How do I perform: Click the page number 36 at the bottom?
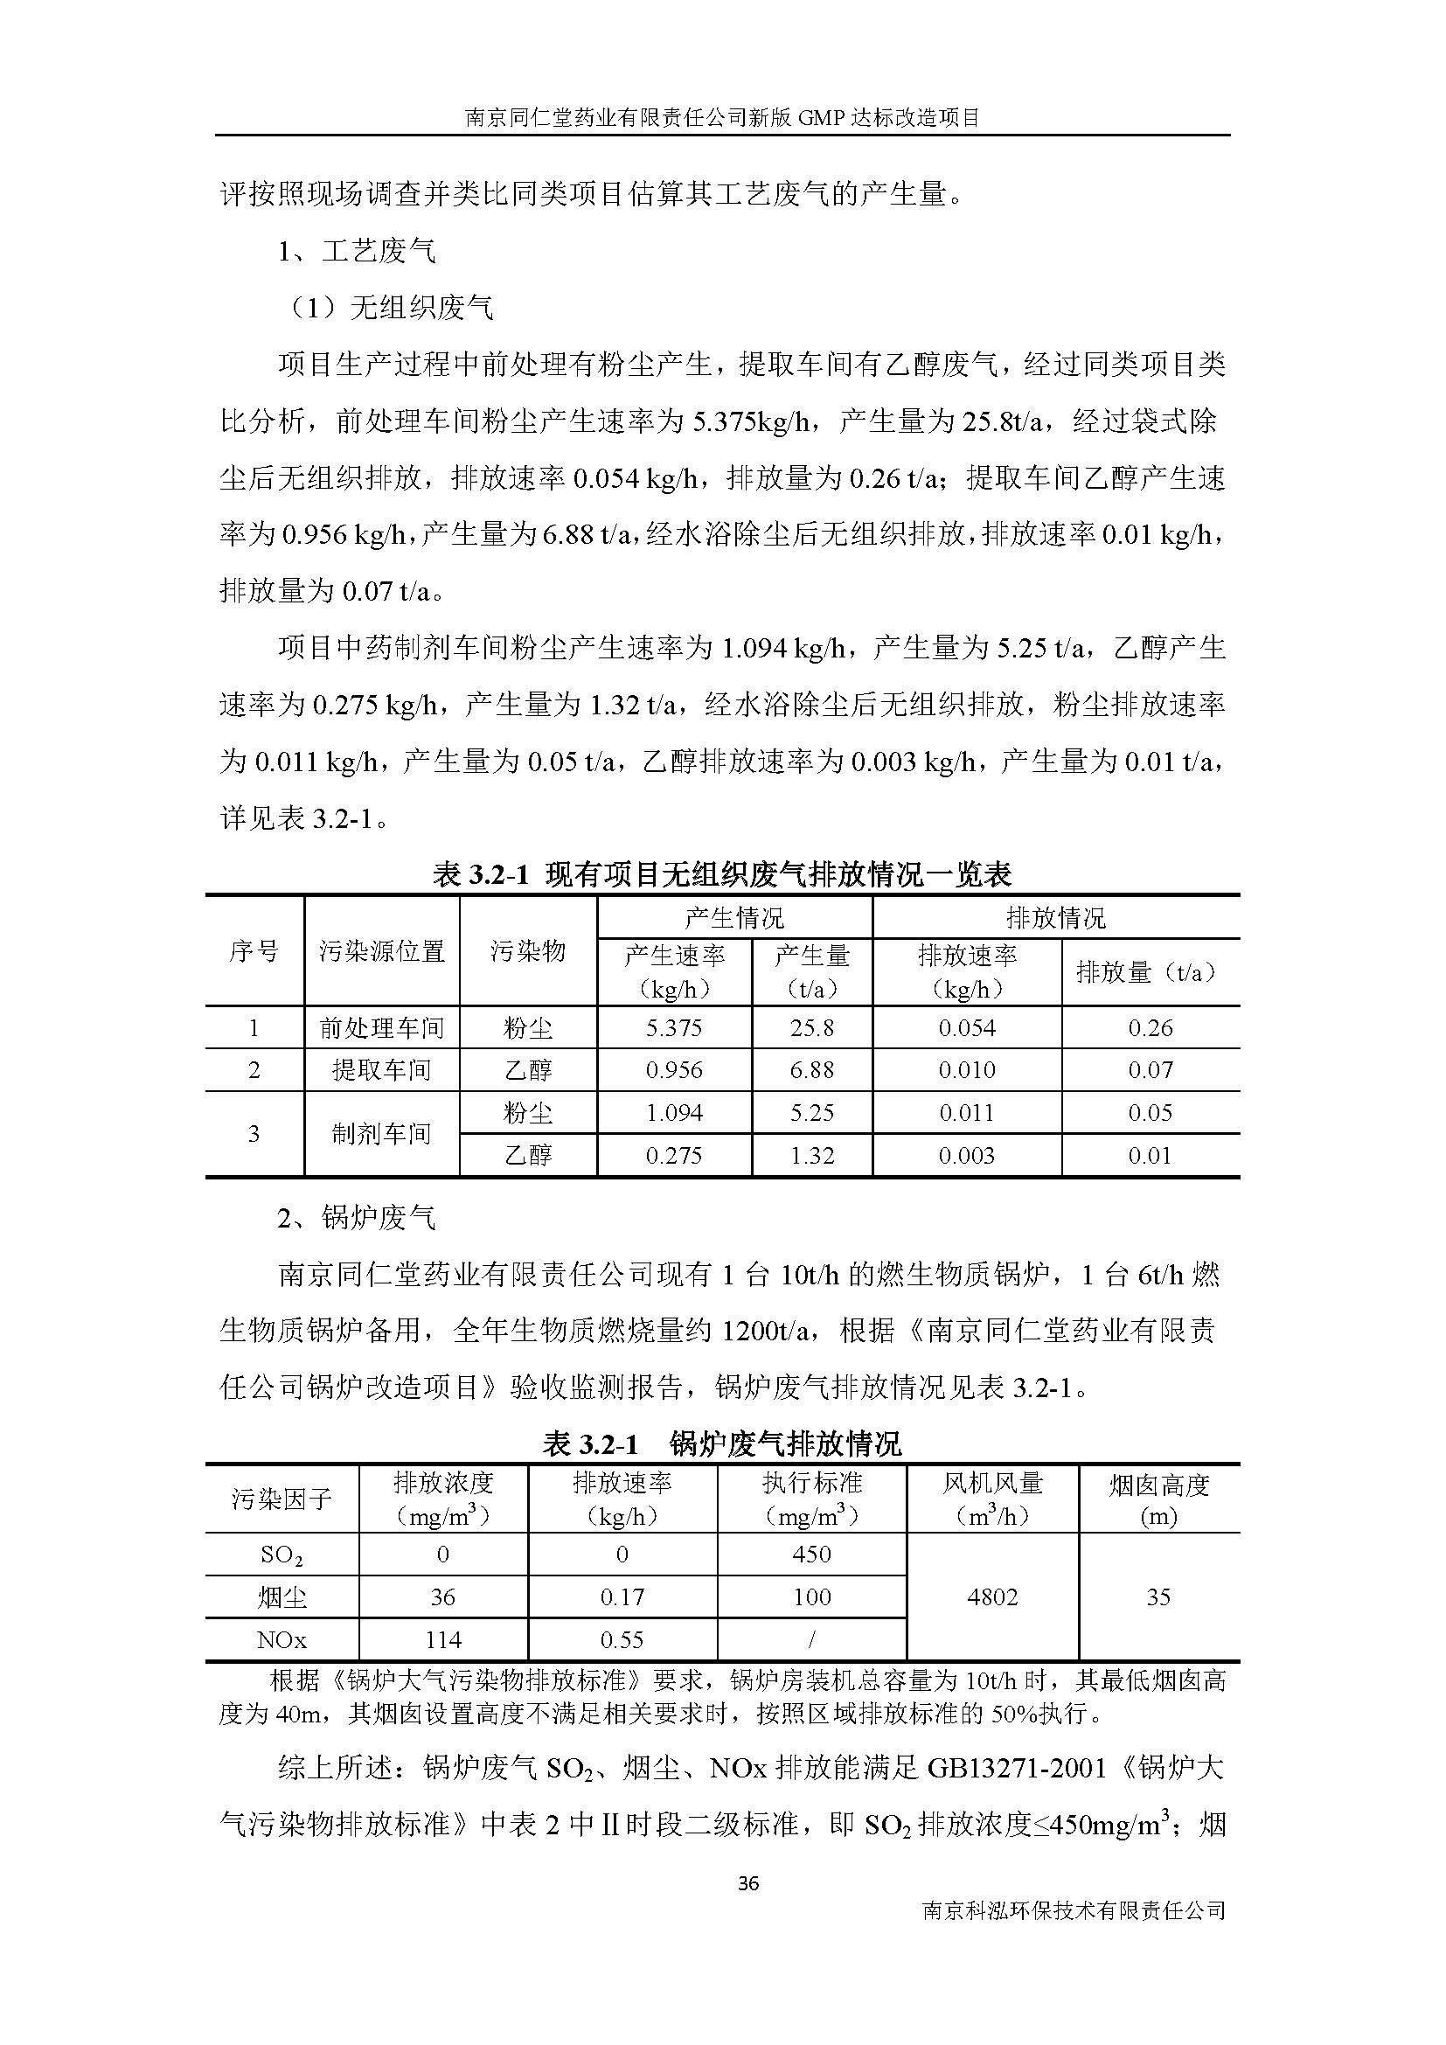[748, 1883]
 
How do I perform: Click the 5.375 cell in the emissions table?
[674, 1028]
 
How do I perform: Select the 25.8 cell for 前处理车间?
[812, 1028]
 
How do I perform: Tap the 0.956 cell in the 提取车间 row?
[674, 1069]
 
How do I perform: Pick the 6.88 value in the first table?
[812, 1069]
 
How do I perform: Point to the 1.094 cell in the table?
[674, 1112]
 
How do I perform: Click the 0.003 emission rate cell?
[967, 1155]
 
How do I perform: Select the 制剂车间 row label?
[381, 1134]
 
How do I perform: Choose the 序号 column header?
[254, 951]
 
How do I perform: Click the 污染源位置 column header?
[381, 951]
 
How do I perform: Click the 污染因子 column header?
[282, 1500]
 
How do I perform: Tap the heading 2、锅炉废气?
[356, 1218]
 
